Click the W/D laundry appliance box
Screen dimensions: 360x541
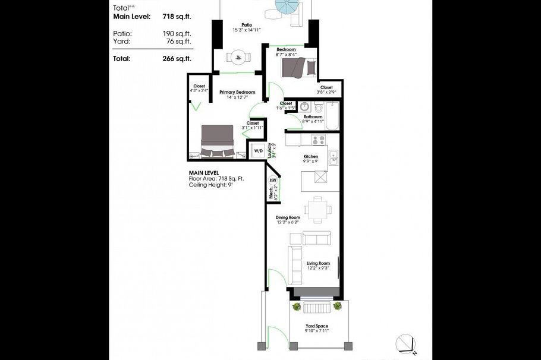coord(258,151)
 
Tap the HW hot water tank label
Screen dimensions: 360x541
coord(273,179)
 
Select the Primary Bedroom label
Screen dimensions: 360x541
coord(237,92)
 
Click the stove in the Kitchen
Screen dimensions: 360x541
coord(319,140)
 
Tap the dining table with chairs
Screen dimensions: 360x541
coord(314,209)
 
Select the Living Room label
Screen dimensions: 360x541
coord(318,263)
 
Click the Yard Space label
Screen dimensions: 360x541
coord(317,326)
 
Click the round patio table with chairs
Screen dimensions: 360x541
coord(239,58)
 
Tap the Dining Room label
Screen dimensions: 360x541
coord(288,217)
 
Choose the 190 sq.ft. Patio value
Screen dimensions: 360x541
coord(177,33)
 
